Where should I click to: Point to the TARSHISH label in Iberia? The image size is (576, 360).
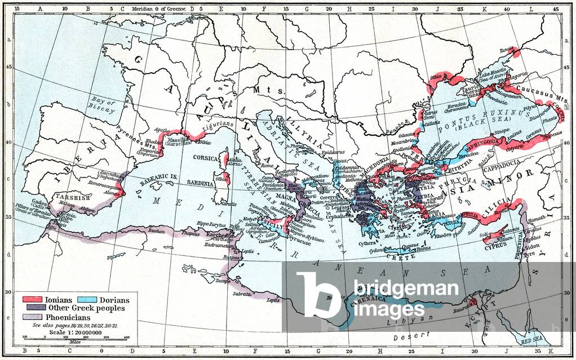pos(69,198)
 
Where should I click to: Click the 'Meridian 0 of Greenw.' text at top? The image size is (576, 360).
pos(158,10)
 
